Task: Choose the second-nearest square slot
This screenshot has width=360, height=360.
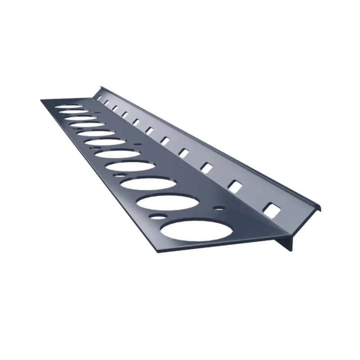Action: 234,185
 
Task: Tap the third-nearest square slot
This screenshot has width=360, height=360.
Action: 206,167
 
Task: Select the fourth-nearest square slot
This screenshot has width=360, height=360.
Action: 183,152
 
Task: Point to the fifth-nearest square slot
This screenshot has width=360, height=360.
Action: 164,140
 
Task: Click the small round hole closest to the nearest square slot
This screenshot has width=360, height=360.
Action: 219,208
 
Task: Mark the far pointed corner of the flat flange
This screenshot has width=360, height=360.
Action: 41,99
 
